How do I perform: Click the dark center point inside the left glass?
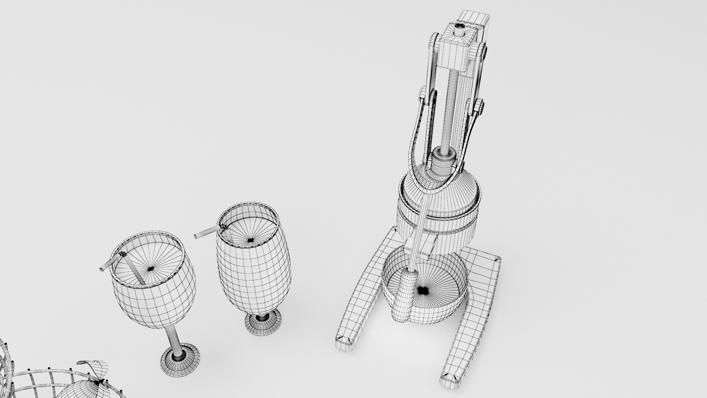coord(150,269)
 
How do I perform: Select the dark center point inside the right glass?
coord(250,240)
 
